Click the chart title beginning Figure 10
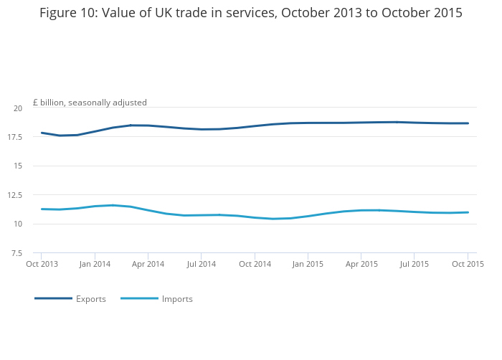[251, 13]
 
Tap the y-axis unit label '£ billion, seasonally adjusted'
[90, 103]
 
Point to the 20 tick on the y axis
[17, 108]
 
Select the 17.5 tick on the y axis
[15, 137]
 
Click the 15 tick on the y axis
[17, 166]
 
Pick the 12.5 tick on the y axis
[15, 195]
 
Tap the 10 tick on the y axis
[17, 224]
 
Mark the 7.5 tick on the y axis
[16, 253]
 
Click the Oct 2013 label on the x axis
[42, 265]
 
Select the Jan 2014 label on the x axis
[95, 265]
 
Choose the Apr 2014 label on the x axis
[148, 265]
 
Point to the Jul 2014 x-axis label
[201, 265]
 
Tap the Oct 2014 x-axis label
[255, 265]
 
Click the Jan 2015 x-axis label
[308, 265]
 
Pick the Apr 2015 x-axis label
[361, 265]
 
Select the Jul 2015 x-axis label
[414, 265]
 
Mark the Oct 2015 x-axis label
[468, 265]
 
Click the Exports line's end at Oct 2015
[468, 123]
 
